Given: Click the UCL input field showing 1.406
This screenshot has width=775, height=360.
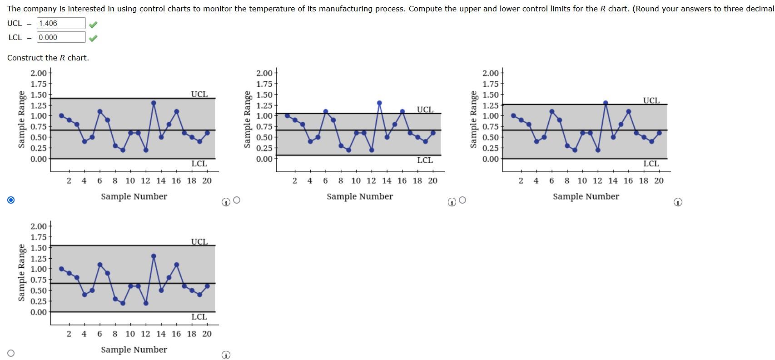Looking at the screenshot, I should (61, 23).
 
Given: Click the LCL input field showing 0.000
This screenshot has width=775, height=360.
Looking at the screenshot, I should (61, 37).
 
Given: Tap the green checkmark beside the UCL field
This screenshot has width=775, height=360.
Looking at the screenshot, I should (93, 24).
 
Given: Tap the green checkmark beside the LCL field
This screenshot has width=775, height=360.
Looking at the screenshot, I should (93, 38).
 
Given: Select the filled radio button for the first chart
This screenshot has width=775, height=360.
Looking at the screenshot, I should (11, 200).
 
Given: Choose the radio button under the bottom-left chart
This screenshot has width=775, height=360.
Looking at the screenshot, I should (11, 353).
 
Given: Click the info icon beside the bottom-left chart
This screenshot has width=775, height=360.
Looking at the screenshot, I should (226, 355).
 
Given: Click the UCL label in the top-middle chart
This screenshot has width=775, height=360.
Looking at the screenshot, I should (425, 110).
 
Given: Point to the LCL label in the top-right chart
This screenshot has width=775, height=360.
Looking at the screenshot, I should (651, 164).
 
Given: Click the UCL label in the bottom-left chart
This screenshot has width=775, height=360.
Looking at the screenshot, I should (199, 241).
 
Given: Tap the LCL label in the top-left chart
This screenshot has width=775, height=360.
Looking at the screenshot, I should (199, 164).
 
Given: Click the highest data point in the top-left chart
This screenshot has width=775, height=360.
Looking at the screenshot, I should (154, 103).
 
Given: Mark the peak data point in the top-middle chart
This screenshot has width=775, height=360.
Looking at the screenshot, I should (379, 103).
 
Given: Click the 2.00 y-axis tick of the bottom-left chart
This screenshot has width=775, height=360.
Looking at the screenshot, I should (39, 226).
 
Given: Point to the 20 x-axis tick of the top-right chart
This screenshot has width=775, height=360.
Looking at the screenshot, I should (659, 181).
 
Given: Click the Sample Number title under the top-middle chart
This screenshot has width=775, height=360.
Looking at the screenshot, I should (360, 196).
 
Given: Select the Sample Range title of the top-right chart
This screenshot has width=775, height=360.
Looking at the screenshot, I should (473, 120).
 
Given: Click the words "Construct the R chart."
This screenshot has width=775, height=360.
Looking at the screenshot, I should (48, 58).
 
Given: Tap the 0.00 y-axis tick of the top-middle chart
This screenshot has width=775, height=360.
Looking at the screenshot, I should (264, 159).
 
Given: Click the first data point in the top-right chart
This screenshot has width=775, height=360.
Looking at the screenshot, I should (513, 115).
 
